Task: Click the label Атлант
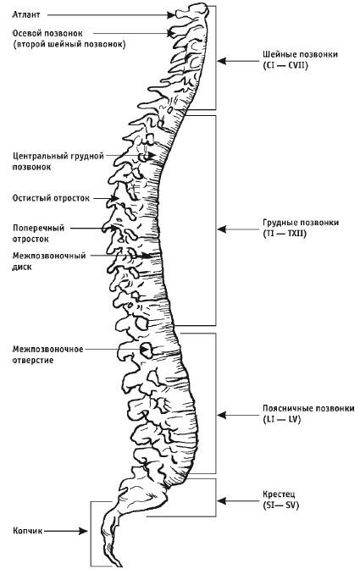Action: click(25, 14)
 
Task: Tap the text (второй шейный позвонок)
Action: click(63, 42)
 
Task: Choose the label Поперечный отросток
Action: click(37, 232)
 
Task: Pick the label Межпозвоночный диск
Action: click(47, 260)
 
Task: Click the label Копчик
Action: click(26, 531)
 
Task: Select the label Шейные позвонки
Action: click(288, 54)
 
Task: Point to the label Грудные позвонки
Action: click(289, 223)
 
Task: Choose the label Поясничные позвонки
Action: click(296, 408)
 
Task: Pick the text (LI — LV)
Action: click(281, 419)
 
